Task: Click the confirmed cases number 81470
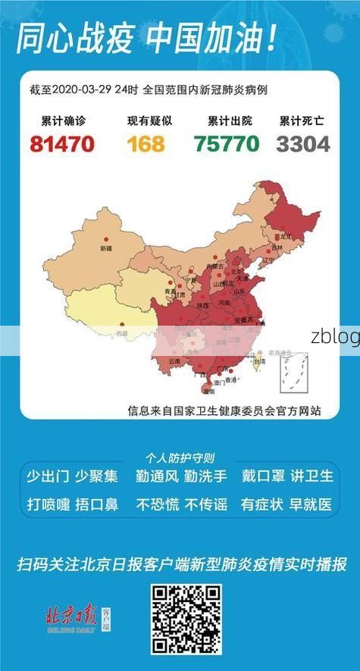pos(62,143)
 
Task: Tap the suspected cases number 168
pos(146,143)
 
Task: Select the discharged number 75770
pos(226,143)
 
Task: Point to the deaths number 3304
pos(303,143)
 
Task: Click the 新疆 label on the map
pos(105,248)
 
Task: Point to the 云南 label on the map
pos(175,362)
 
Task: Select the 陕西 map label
pos(202,305)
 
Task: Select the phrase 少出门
pos(48,476)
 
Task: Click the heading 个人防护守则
pos(180,458)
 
